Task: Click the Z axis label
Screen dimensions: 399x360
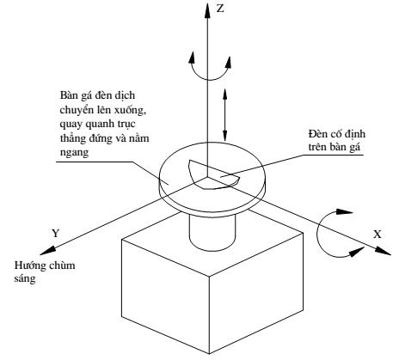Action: tap(220, 9)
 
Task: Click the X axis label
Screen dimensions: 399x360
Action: tap(378, 235)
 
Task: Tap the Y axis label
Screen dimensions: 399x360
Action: tap(56, 233)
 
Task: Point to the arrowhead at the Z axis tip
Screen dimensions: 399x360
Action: tap(207, 10)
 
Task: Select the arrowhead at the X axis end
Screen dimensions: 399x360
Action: tap(383, 250)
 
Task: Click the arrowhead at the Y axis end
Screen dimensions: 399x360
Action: tap(47, 251)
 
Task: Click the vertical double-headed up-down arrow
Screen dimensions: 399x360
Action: tap(224, 114)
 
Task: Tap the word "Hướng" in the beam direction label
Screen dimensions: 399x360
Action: tap(31, 265)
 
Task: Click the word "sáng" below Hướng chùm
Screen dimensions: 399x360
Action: tap(25, 278)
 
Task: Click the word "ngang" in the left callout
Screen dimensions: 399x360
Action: tap(74, 152)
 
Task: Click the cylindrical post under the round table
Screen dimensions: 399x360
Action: tap(212, 232)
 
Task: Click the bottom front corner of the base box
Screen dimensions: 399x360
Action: tap(209, 354)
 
